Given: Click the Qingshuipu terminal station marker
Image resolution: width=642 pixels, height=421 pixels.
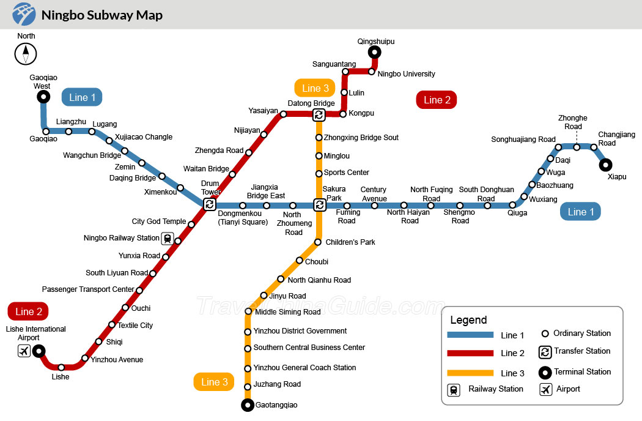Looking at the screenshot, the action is tap(374, 52).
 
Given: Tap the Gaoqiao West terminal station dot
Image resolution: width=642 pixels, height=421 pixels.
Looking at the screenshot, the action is tap(43, 97).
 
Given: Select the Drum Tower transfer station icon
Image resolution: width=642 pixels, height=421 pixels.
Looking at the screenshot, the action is tap(210, 204).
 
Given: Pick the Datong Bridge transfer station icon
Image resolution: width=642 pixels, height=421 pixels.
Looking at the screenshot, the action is tap(319, 115).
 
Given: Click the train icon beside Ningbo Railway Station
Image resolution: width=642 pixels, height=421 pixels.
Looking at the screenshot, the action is tap(167, 238).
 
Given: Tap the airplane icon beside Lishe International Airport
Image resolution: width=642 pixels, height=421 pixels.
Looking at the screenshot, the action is tap(24, 351).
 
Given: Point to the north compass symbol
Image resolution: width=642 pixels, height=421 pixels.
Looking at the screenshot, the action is tap(26, 54).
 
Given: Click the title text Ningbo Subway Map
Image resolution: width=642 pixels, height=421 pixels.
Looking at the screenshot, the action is tap(102, 15).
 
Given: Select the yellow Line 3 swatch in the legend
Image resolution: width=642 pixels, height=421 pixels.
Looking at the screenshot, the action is tap(470, 373).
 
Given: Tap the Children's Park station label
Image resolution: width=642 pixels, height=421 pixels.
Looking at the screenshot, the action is tap(350, 242).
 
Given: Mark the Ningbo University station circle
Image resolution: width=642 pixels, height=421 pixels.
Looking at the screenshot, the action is tap(371, 72).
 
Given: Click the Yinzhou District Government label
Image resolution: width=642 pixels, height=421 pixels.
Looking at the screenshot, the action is tap(300, 331).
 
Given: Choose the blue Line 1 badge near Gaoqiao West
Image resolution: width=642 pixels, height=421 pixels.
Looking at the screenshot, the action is tap(82, 97).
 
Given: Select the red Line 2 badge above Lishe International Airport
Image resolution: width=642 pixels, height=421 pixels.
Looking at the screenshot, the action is tap(28, 311).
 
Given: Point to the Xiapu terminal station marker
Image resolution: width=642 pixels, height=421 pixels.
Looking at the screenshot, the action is tap(605, 165).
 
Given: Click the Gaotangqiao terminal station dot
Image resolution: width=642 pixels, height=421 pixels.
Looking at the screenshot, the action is tap(247, 405).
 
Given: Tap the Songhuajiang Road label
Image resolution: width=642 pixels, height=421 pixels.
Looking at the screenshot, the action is tap(523, 140).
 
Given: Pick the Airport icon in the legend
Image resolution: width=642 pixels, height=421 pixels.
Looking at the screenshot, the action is tap(546, 389).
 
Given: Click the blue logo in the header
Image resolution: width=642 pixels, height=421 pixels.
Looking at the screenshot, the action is tap(24, 14).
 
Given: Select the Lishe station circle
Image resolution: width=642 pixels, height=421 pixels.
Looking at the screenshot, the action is tap(61, 367).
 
